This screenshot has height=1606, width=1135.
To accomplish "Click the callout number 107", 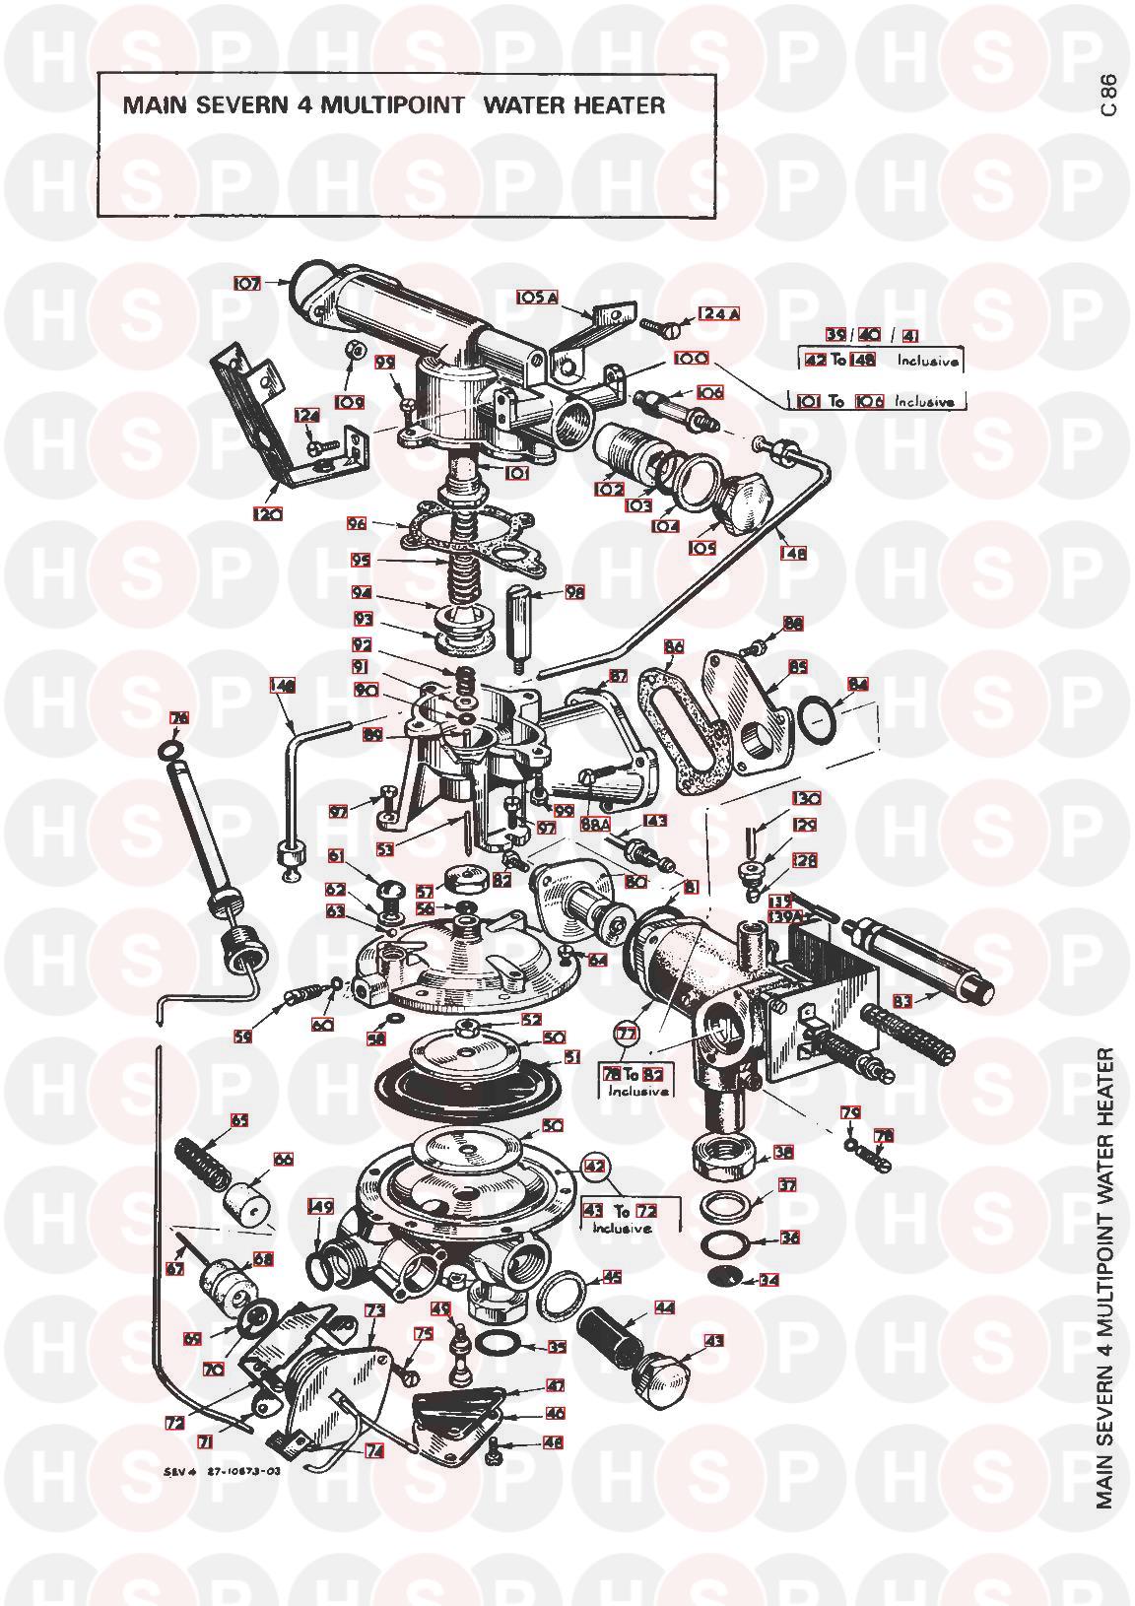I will click(247, 283).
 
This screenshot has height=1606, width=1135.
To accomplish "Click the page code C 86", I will click(1108, 95).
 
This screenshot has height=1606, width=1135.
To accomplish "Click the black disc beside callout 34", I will click(724, 1278).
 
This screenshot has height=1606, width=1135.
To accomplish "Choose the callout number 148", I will click(794, 553).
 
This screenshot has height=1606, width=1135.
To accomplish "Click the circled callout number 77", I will click(627, 1034).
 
